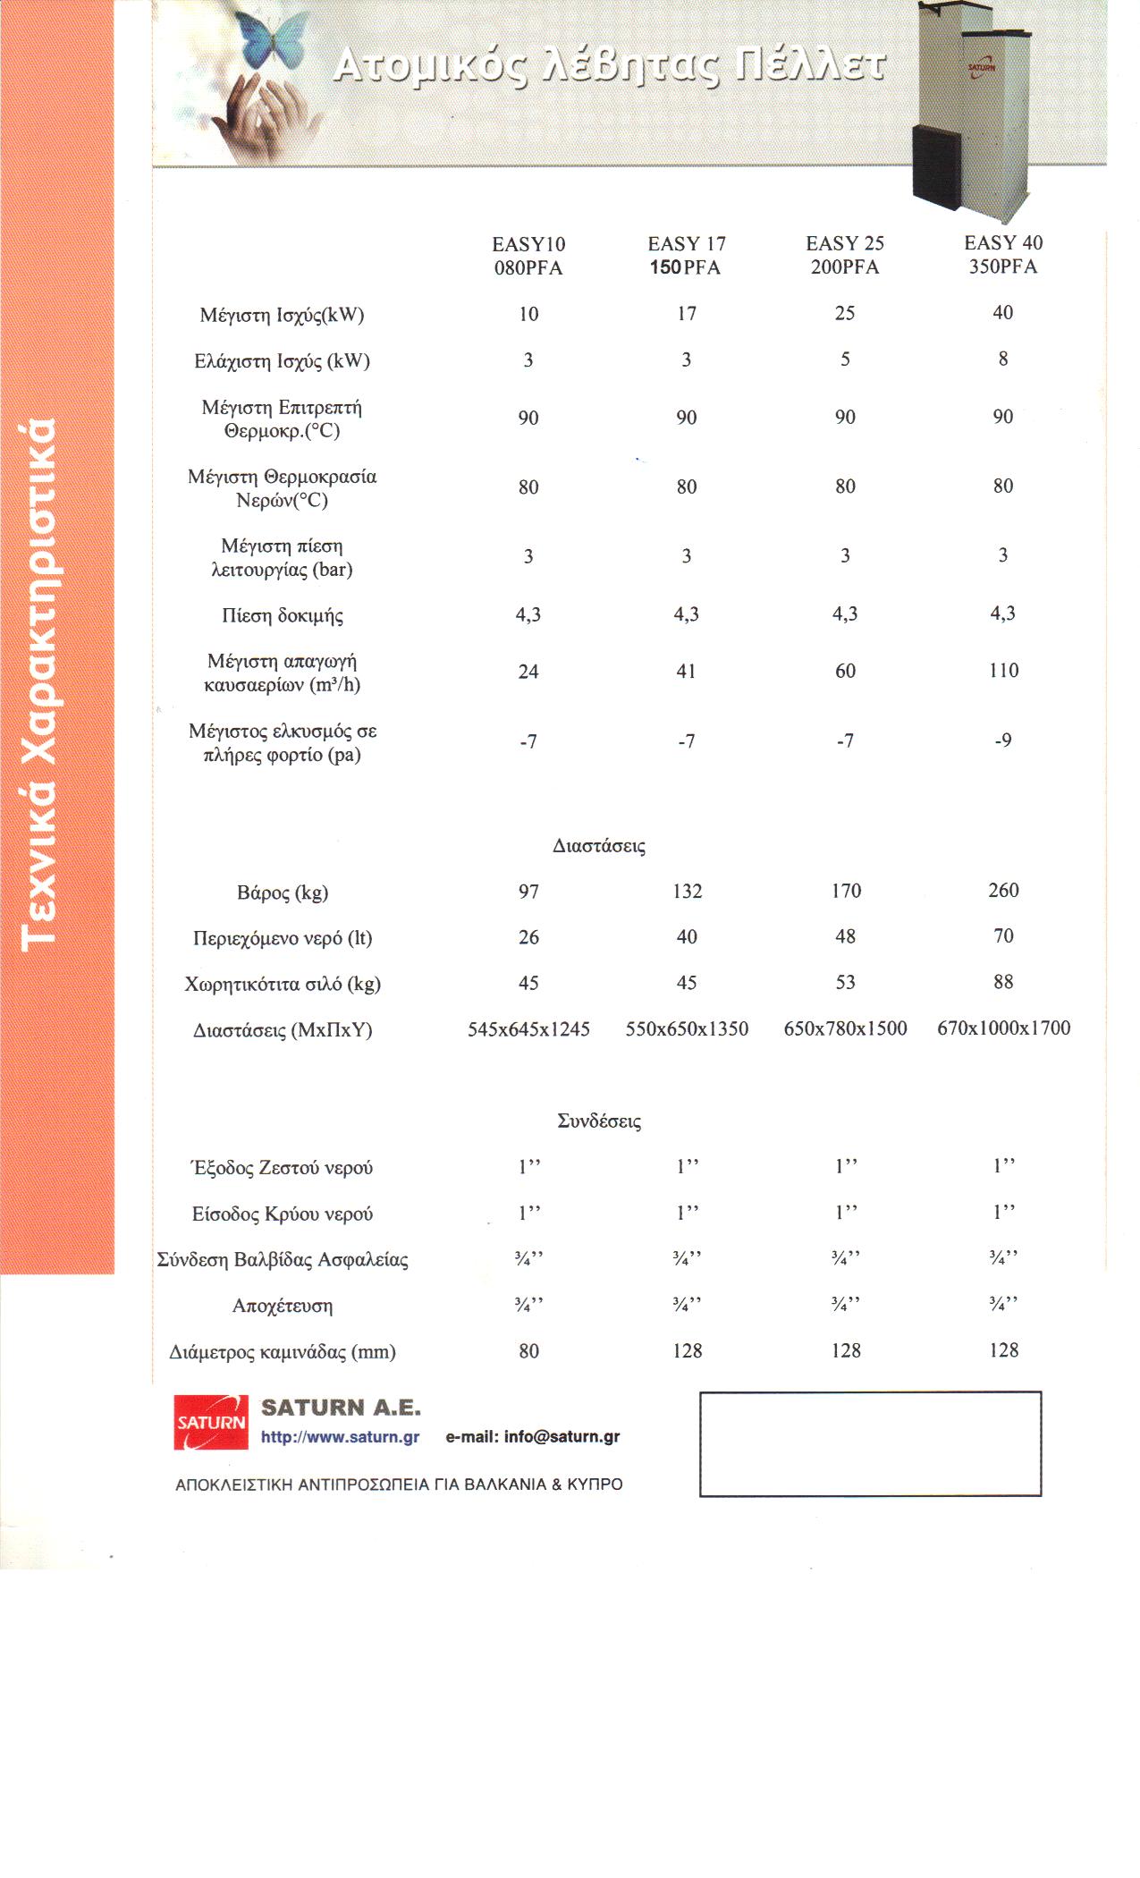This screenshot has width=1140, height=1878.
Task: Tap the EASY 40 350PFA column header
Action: coord(1003,255)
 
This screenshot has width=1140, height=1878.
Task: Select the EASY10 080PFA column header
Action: coord(528,256)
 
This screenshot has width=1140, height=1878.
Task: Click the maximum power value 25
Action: coord(845,313)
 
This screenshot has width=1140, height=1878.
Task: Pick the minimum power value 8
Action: coord(1003,359)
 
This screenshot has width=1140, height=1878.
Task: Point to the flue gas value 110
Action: coord(1003,671)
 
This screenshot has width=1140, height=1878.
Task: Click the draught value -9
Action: coord(1003,740)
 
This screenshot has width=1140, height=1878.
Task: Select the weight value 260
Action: coord(1003,891)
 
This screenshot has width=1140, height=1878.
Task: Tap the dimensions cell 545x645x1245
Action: coord(528,1029)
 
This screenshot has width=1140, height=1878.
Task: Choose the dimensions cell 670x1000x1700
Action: coord(1003,1028)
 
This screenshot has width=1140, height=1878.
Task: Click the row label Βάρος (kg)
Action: coord(283,892)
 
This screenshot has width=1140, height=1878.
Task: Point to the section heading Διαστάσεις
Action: coord(599,846)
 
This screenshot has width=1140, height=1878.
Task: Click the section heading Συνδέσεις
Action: coord(599,1121)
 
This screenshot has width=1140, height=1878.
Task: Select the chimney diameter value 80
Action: coord(528,1351)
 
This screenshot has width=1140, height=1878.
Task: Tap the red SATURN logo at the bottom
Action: coord(210,1423)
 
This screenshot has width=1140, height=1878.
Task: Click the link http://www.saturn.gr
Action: coord(340,1437)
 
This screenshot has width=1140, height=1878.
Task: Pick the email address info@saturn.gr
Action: coord(562,1437)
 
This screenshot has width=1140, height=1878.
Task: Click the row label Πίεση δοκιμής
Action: coord(283,615)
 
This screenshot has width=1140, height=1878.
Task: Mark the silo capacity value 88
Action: coord(1003,982)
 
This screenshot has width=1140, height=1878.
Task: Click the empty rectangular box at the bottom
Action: coord(870,1443)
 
